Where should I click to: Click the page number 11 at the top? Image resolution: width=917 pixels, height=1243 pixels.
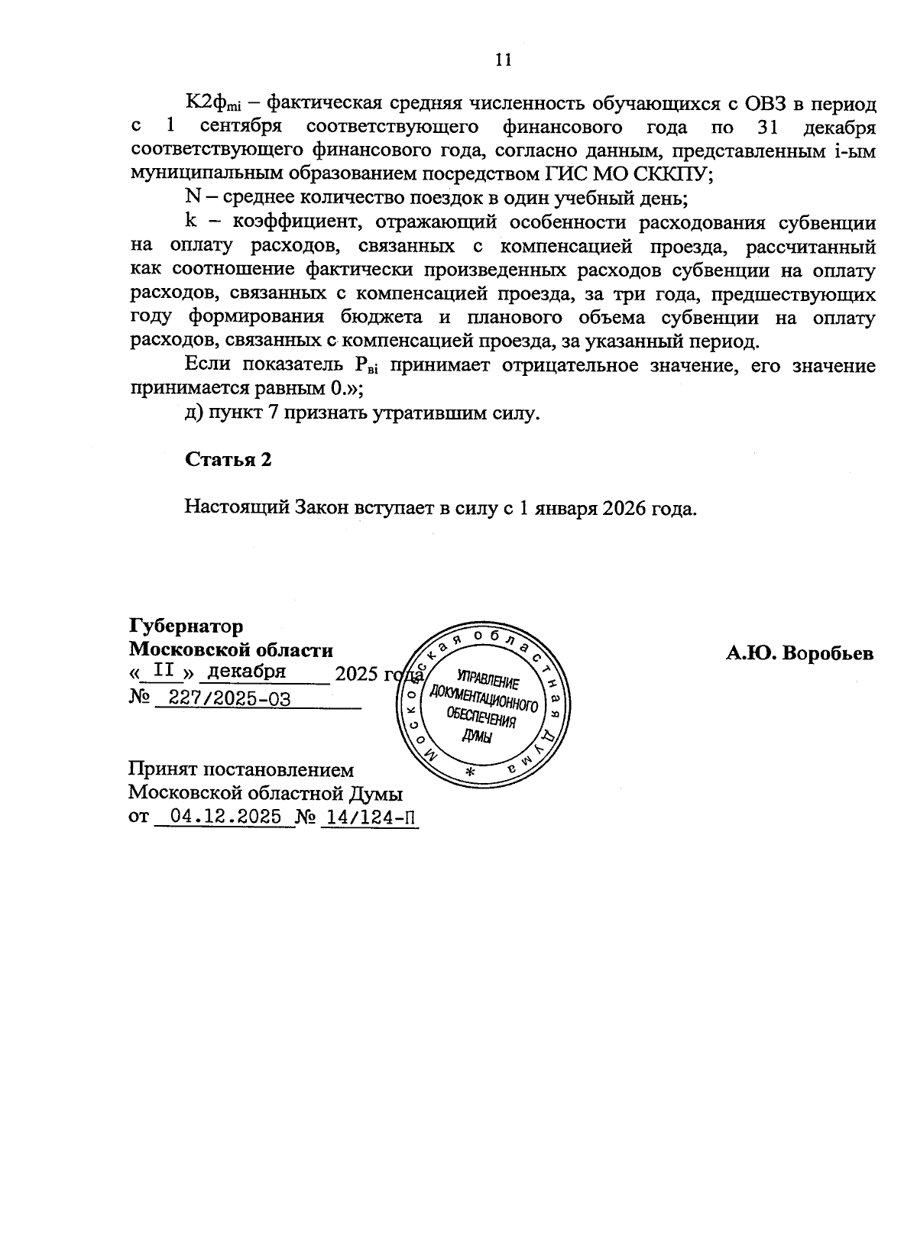[503, 60]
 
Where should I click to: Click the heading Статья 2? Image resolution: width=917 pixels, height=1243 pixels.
[228, 460]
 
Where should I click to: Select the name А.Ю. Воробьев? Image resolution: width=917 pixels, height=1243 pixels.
[799, 654]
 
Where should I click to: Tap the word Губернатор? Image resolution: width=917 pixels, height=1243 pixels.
[186, 626]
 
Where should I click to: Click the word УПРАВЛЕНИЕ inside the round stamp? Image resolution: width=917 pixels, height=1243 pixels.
[488, 677]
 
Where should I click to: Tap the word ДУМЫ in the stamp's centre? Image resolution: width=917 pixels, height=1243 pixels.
[478, 736]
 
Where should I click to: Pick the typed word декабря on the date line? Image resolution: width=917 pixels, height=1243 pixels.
[247, 672]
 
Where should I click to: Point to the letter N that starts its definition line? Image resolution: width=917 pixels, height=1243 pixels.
[192, 197]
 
